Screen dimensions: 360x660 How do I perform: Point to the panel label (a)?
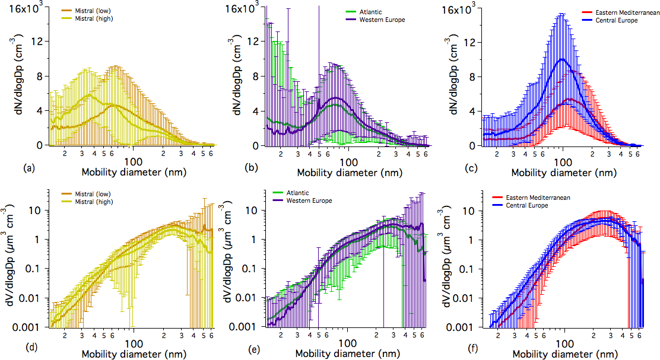point(28,168)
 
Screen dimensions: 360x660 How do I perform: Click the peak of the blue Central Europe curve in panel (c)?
point(563,59)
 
